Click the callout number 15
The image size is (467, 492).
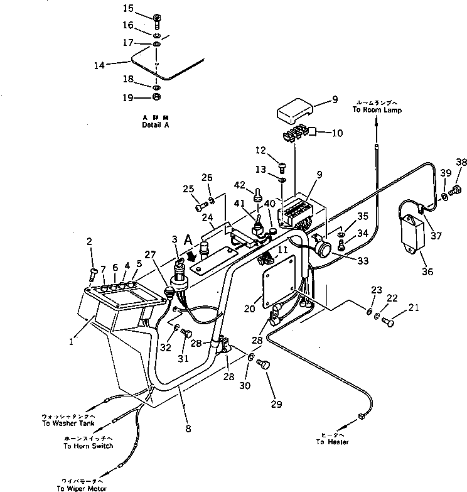pyautogui.click(x=128, y=8)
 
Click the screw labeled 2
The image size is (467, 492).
pyautogui.click(x=92, y=273)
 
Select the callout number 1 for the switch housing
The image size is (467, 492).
pyautogui.click(x=71, y=342)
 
